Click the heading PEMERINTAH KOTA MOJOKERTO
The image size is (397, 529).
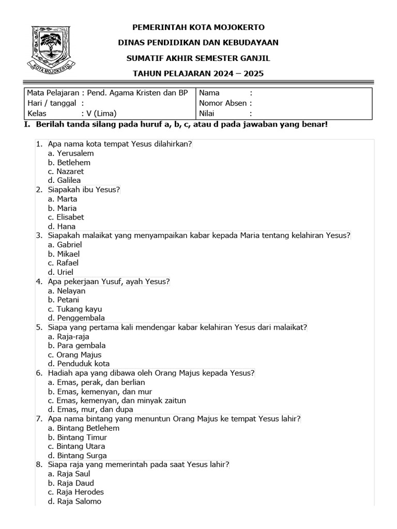[198, 27]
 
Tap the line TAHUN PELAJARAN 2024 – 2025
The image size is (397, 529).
[198, 73]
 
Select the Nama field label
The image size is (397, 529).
[209, 93]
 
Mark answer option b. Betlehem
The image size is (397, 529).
[69, 162]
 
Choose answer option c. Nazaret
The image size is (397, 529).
[66, 172]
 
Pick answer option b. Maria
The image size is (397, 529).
[62, 208]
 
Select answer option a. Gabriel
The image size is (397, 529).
[65, 245]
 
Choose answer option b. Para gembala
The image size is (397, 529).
[77, 346]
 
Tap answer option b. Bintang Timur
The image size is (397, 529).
[77, 437]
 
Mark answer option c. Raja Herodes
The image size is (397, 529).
[75, 492]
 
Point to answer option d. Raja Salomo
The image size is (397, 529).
[74, 501]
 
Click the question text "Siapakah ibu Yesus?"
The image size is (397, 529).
[84, 190]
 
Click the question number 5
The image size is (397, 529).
[39, 327]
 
